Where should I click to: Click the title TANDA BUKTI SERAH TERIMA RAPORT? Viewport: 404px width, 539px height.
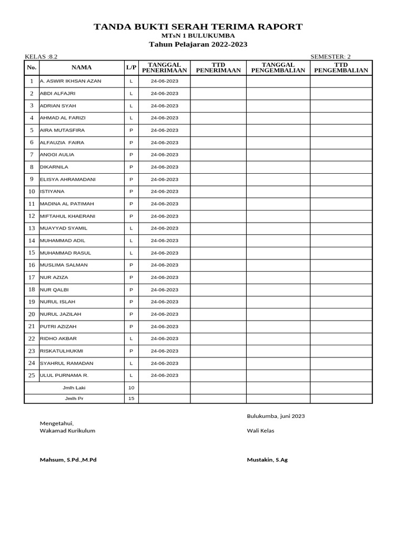(x=198, y=27)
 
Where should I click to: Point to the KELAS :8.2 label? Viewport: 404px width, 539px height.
(x=41, y=57)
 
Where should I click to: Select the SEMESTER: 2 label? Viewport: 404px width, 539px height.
(x=330, y=57)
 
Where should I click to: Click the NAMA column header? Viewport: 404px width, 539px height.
(x=82, y=67)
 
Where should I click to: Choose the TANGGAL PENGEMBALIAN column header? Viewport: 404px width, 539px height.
(x=278, y=67)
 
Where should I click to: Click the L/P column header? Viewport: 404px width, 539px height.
(x=131, y=67)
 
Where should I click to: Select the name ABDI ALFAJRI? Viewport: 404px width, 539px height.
(x=58, y=94)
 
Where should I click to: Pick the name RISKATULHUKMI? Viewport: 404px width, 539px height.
(x=62, y=351)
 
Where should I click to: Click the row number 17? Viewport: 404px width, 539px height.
(x=32, y=277)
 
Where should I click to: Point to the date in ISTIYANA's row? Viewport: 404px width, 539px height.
(x=164, y=192)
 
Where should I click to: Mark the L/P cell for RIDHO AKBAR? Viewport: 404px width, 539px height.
(x=131, y=339)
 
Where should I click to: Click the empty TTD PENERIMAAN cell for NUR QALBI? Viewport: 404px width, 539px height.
(x=218, y=290)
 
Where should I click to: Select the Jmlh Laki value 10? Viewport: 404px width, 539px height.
(x=131, y=388)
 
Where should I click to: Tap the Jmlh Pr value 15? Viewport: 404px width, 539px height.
(x=131, y=398)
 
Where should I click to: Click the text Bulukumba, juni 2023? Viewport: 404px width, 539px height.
(x=276, y=416)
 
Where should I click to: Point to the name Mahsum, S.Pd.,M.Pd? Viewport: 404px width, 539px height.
(x=68, y=460)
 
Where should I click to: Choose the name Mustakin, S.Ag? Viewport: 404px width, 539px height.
(x=267, y=460)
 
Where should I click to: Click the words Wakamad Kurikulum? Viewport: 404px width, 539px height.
(x=67, y=431)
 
